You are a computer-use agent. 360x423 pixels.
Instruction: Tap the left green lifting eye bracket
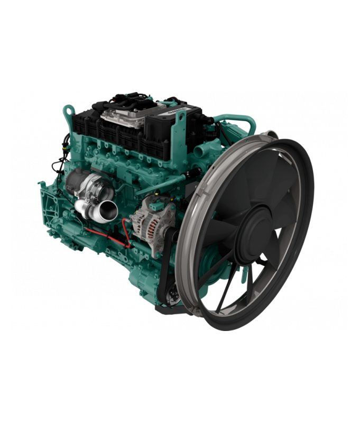coord(67,114)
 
